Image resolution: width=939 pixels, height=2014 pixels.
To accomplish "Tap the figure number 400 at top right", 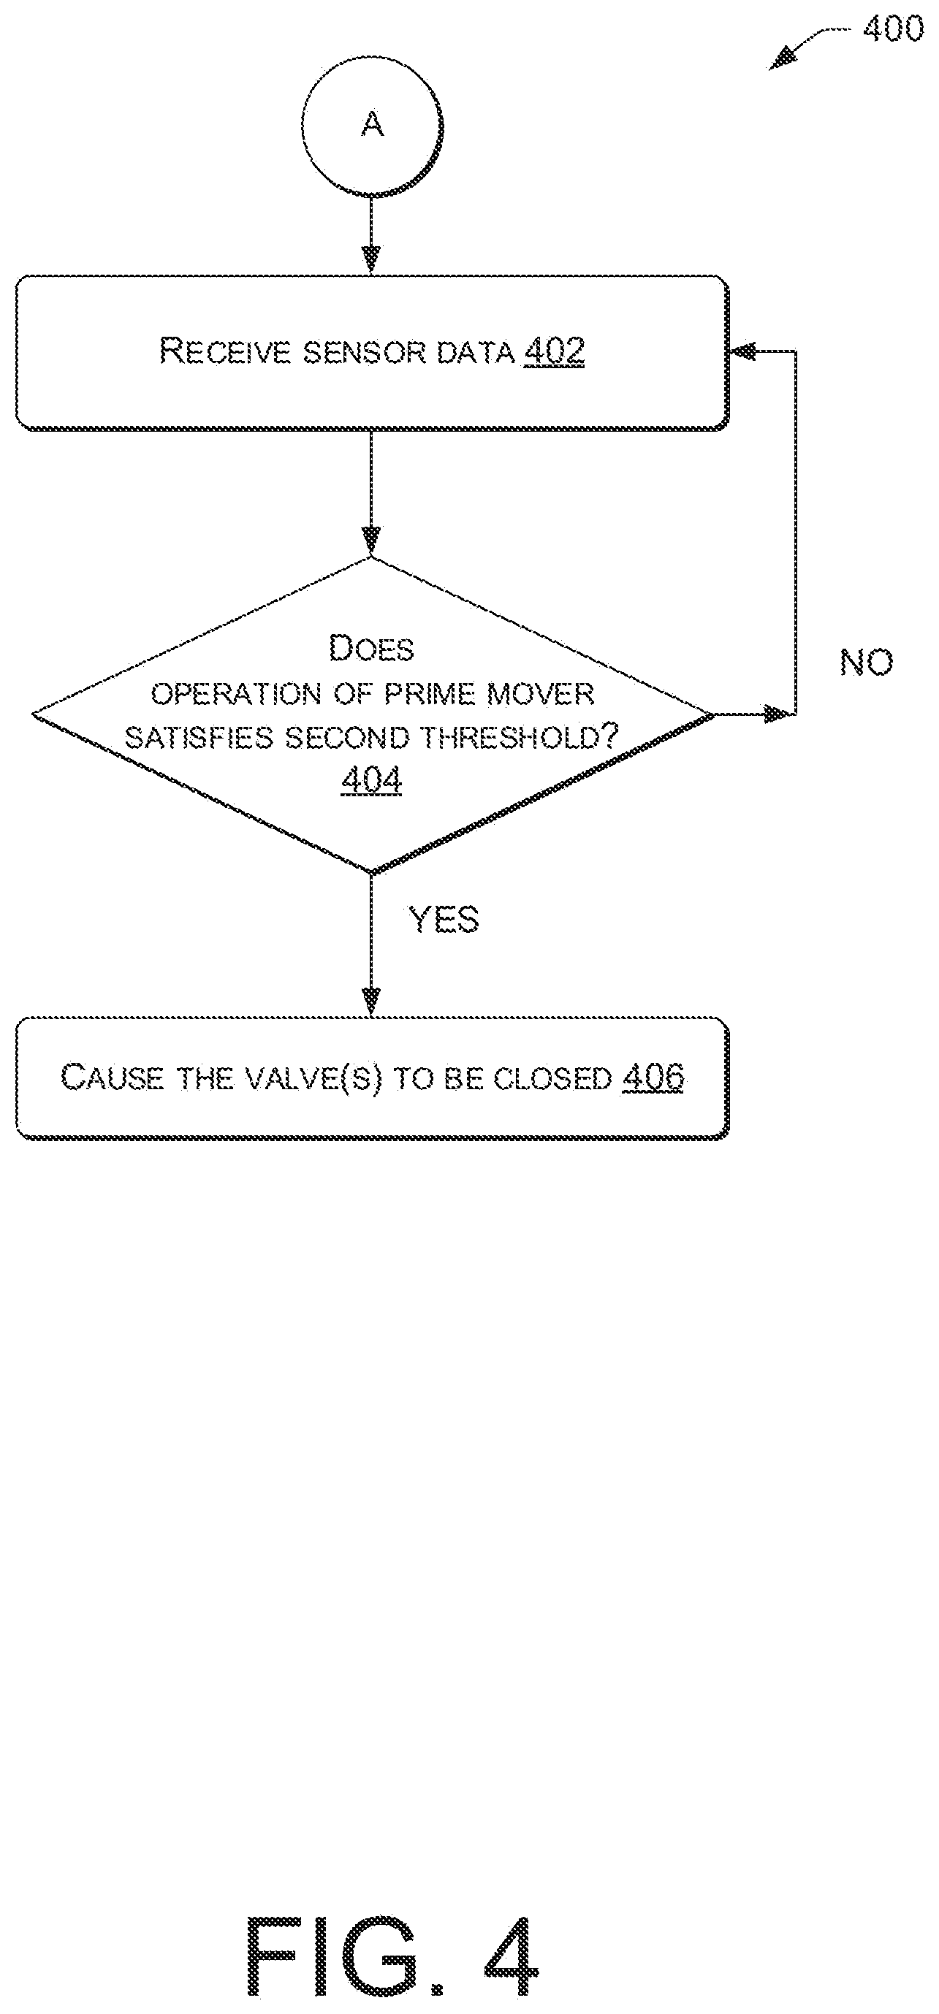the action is [x=893, y=30].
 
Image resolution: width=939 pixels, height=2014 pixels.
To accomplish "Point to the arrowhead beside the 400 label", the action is [x=783, y=59].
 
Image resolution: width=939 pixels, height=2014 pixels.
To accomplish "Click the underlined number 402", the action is [x=555, y=351].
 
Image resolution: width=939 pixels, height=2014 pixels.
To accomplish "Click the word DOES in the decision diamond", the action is [x=371, y=648].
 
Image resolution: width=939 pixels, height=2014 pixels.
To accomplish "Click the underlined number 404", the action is [x=372, y=780].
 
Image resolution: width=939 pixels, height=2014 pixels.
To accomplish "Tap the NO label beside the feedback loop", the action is [x=866, y=663].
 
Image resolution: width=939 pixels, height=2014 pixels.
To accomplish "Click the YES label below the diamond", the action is [x=444, y=920].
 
